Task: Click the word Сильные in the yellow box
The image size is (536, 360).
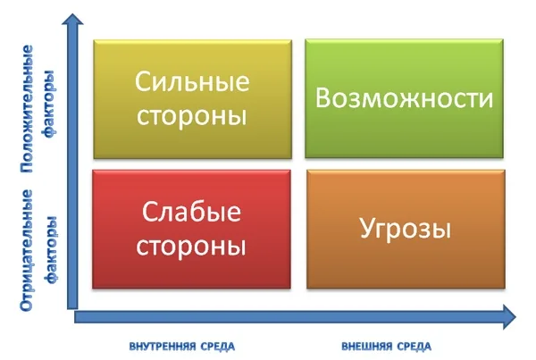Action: click(191, 81)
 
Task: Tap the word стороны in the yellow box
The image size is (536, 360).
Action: click(191, 117)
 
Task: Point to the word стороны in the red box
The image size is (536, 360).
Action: click(191, 246)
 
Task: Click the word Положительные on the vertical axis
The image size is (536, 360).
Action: click(29, 106)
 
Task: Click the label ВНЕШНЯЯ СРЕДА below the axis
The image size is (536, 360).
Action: click(387, 345)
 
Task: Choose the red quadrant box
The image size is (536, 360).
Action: click(191, 229)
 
